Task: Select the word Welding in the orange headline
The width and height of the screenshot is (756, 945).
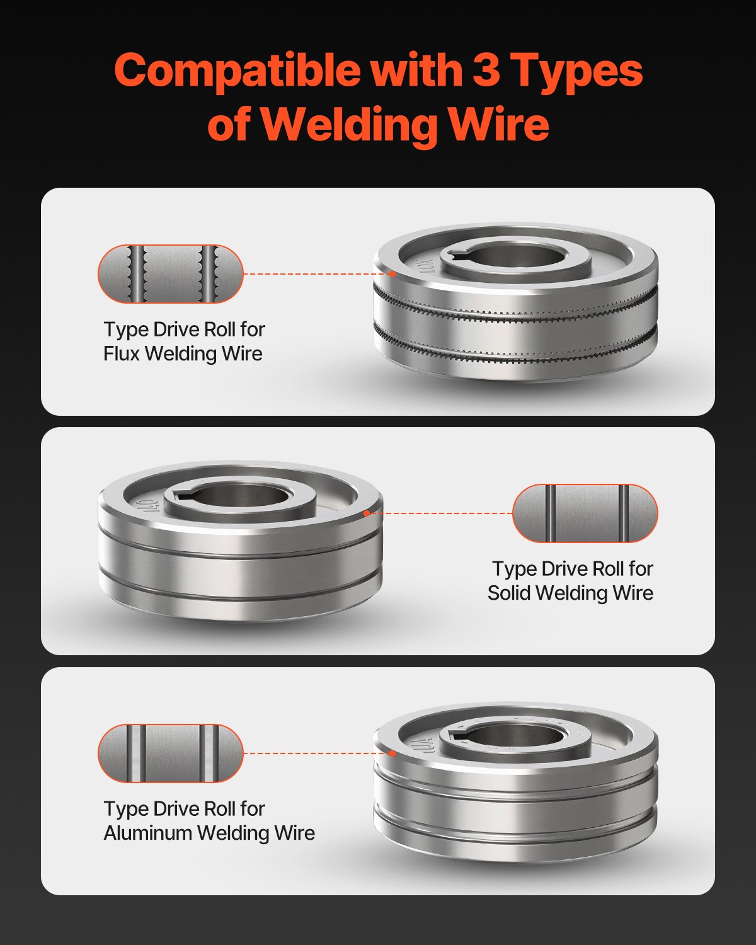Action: pyautogui.click(x=350, y=124)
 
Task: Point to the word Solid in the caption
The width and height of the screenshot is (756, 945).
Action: pyautogui.click(x=508, y=593)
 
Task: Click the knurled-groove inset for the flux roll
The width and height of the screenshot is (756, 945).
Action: pyautogui.click(x=170, y=274)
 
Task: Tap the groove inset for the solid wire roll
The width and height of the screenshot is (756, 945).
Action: pyautogui.click(x=585, y=513)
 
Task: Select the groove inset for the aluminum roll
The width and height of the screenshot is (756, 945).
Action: pyautogui.click(x=170, y=753)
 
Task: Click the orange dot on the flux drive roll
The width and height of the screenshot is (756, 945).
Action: pyautogui.click(x=392, y=274)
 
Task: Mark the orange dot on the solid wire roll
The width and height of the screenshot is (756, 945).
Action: pyautogui.click(x=367, y=513)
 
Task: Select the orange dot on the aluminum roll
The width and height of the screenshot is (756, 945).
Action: pyautogui.click(x=392, y=753)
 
